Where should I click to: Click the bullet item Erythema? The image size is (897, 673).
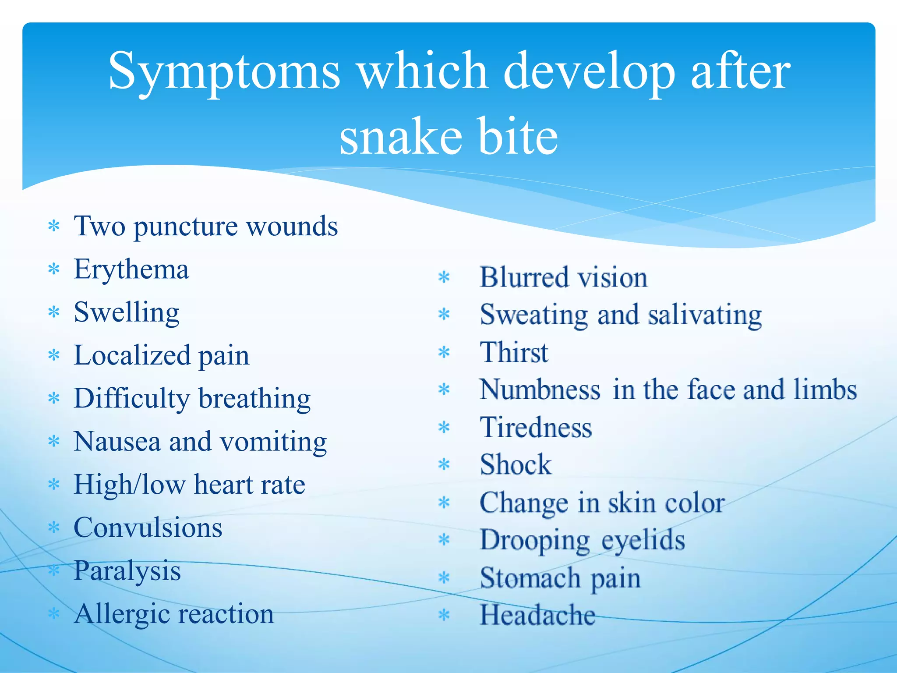[x=131, y=269]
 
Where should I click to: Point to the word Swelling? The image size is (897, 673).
[x=127, y=313]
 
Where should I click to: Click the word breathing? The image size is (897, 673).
[x=254, y=399]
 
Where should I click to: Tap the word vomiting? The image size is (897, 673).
[x=274, y=442]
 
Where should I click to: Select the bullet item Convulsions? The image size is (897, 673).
[x=148, y=528]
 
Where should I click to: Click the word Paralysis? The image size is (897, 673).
[x=127, y=571]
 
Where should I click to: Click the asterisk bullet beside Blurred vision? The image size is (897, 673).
[x=444, y=277]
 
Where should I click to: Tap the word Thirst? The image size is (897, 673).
[x=514, y=352]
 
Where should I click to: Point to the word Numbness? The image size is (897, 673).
[x=540, y=390]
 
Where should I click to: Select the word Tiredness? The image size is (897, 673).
[x=536, y=428]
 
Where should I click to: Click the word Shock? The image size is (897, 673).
[x=516, y=465]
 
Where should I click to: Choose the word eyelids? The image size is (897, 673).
[x=643, y=540]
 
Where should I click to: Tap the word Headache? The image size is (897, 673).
[x=537, y=615]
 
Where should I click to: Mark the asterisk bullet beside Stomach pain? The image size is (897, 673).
[x=444, y=578]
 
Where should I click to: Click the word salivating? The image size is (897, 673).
[x=705, y=315]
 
